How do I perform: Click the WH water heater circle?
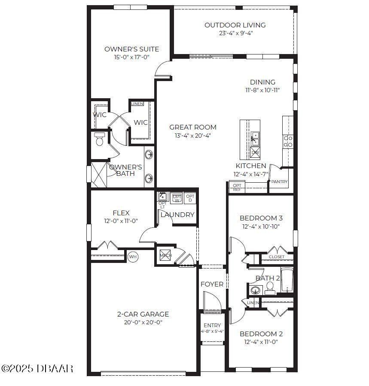133,256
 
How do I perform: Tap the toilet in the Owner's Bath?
100,139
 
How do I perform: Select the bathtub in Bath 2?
287,281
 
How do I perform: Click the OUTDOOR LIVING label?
235,25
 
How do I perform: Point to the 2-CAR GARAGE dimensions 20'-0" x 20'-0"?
143,323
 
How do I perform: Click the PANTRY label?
279,182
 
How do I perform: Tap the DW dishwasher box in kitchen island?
255,152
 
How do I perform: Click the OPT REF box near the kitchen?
237,187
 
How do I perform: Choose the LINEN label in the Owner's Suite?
137,104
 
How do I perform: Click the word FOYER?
212,284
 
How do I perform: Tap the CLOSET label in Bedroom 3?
276,257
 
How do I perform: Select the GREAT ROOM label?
192,127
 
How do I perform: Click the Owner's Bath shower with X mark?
99,174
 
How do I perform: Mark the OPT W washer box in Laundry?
177,198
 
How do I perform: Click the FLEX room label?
121,213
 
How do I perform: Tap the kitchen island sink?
255,138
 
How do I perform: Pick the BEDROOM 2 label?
261,334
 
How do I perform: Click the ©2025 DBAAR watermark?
37,368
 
